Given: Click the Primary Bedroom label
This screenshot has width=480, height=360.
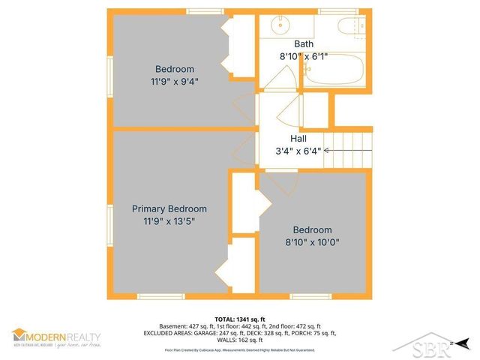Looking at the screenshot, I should pyautogui.click(x=169, y=208).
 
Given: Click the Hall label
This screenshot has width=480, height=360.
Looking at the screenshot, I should pyautogui.click(x=298, y=139).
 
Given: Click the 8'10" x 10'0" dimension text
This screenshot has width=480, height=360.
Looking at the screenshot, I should pyautogui.click(x=312, y=242).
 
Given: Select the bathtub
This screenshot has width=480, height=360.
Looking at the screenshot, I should pyautogui.click(x=331, y=75).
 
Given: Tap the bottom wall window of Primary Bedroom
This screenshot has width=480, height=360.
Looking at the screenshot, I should pyautogui.click(x=161, y=297).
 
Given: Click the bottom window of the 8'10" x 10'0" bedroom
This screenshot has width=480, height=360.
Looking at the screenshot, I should pyautogui.click(x=310, y=297).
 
